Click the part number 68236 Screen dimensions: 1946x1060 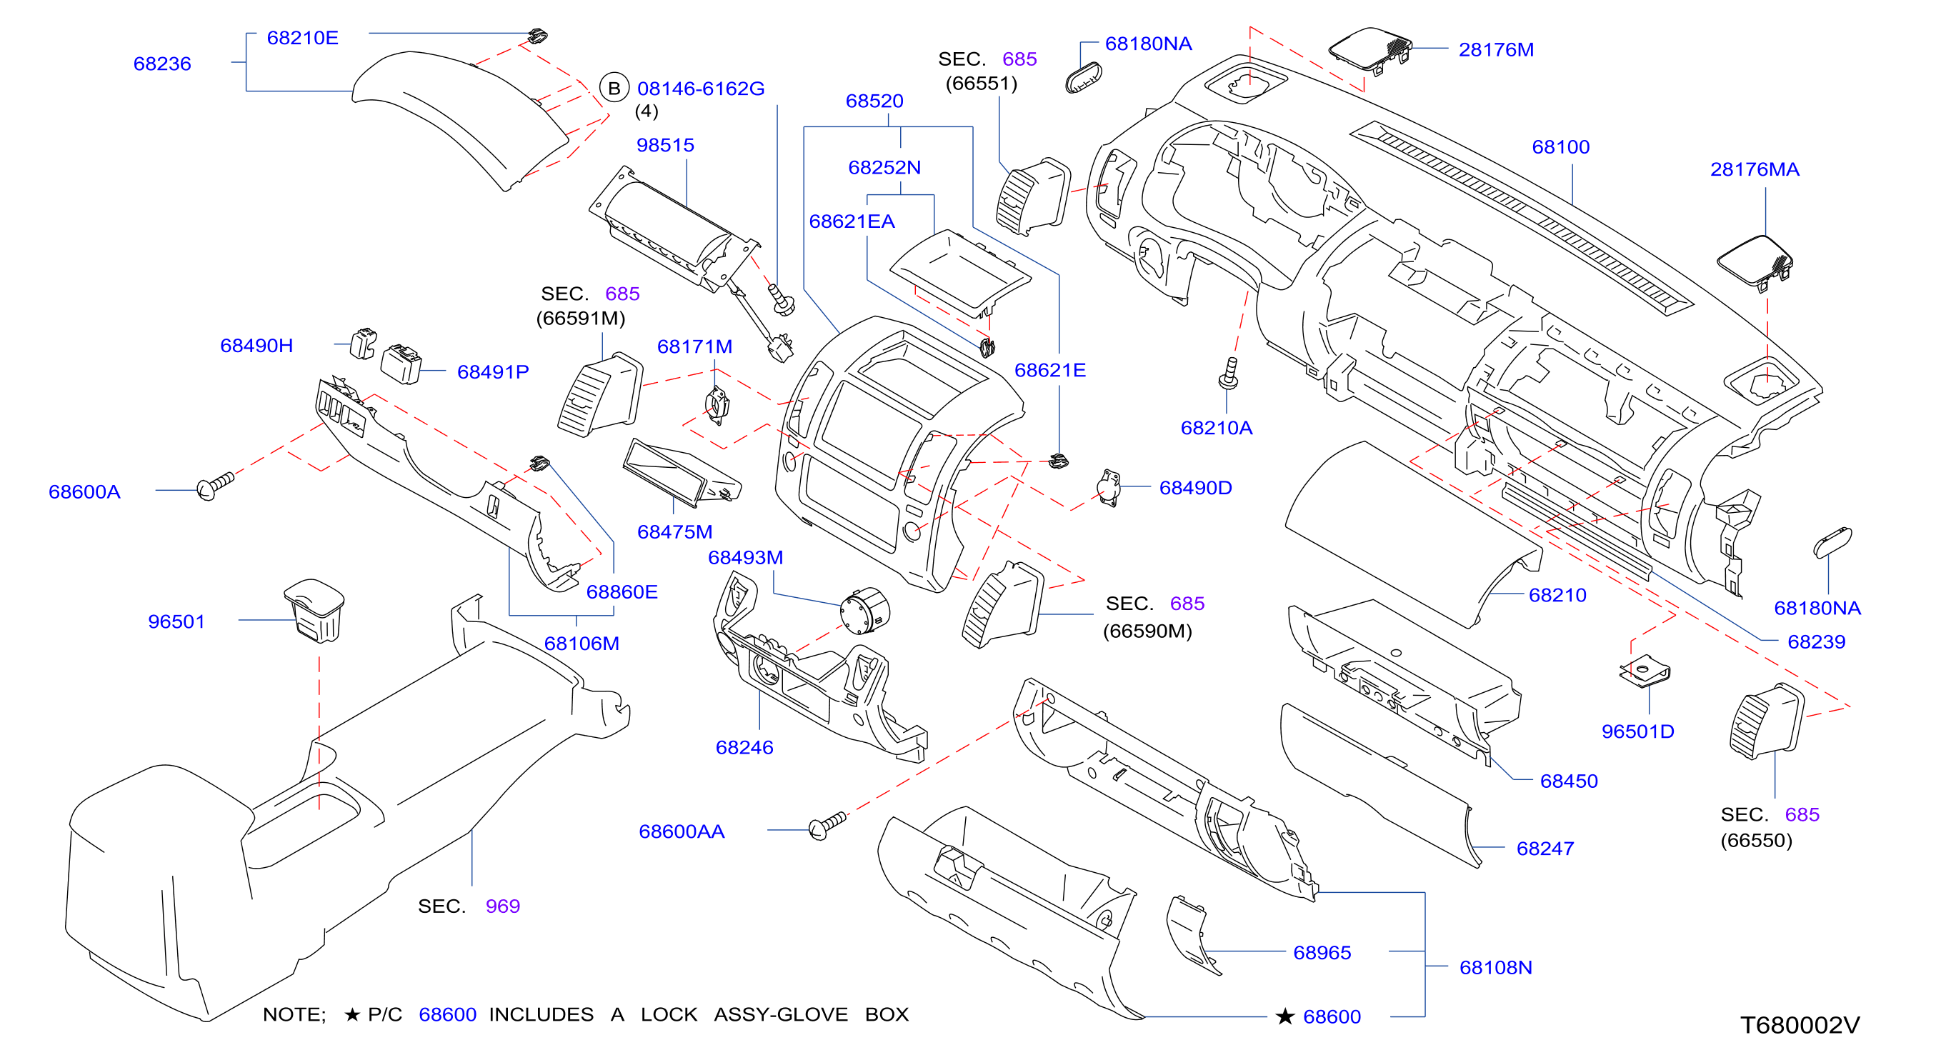(162, 64)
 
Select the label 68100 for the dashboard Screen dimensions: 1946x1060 (1561, 146)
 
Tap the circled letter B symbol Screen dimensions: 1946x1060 (614, 89)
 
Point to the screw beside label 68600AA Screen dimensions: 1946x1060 (827, 825)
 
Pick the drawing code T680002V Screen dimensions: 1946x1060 (1800, 1024)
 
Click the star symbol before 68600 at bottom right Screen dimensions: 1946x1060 (1284, 1016)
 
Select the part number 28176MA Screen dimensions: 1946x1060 (1754, 169)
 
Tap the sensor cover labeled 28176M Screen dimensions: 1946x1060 (1369, 50)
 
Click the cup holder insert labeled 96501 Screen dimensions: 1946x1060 (315, 611)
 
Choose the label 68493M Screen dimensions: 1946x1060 (745, 558)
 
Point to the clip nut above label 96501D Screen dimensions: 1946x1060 (1645, 670)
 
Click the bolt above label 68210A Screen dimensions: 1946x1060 (1229, 374)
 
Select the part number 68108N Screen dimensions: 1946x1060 (1495, 967)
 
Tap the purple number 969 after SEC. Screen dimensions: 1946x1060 (502, 906)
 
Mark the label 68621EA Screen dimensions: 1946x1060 (852, 221)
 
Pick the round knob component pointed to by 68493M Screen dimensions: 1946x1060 (865, 611)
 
